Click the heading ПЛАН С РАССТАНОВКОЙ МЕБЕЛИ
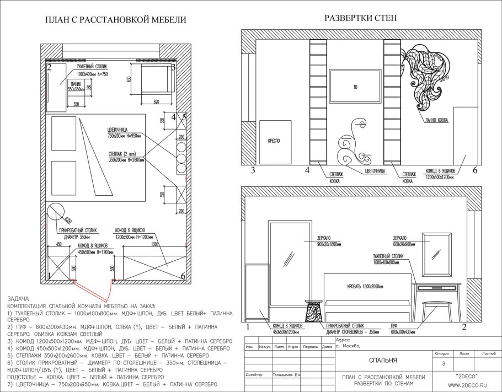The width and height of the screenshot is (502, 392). pyautogui.click(x=115, y=20)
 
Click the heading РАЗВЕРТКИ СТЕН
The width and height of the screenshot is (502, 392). pyautogui.click(x=360, y=18)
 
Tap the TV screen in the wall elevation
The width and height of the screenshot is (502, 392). pyautogui.click(x=355, y=87)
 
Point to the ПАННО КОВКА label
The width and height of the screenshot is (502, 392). pyautogui.click(x=437, y=119)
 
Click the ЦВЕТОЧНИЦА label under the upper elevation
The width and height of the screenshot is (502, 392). pyautogui.click(x=375, y=171)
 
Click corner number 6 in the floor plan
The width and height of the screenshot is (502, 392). pyautogui.click(x=183, y=276)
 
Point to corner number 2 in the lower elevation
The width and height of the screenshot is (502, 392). pyautogui.click(x=464, y=327)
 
